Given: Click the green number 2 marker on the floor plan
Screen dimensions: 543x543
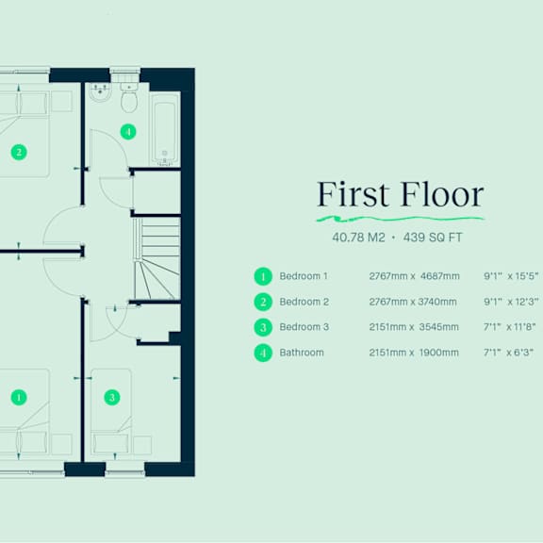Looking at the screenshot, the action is [x=19, y=152].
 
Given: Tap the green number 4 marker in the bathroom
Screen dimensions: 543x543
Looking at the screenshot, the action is [x=128, y=132].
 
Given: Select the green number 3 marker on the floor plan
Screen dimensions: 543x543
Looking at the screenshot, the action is [x=112, y=397].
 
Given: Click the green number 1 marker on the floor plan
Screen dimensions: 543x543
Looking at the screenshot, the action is [x=19, y=397].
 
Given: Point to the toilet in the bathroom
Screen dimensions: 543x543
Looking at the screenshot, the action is [x=129, y=97].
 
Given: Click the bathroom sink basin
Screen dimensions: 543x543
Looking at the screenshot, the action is [x=101, y=91].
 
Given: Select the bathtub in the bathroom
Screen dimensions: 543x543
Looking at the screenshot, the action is [x=165, y=129].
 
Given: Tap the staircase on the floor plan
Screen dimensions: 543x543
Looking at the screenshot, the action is [x=156, y=258].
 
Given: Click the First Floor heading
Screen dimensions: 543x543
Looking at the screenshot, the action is [x=401, y=194].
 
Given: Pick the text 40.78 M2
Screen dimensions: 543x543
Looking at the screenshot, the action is [x=358, y=238].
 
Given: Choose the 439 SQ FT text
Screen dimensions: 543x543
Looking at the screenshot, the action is [x=433, y=238].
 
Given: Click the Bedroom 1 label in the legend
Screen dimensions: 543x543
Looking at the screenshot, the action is [x=304, y=276].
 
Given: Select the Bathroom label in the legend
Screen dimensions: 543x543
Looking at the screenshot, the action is [x=302, y=353].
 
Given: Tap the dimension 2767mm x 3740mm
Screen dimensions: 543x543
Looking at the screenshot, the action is [x=413, y=302].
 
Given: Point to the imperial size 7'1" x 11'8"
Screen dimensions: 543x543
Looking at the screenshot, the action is [x=509, y=327].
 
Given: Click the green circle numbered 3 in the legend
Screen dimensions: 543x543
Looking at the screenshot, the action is [x=263, y=327].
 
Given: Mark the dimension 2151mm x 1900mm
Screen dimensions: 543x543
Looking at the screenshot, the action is [x=414, y=353].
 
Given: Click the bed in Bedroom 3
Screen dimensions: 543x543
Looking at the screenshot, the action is [x=111, y=412].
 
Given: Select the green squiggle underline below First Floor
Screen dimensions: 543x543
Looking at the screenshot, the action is [x=401, y=219].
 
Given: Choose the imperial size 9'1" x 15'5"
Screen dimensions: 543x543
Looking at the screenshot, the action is [x=511, y=276].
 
